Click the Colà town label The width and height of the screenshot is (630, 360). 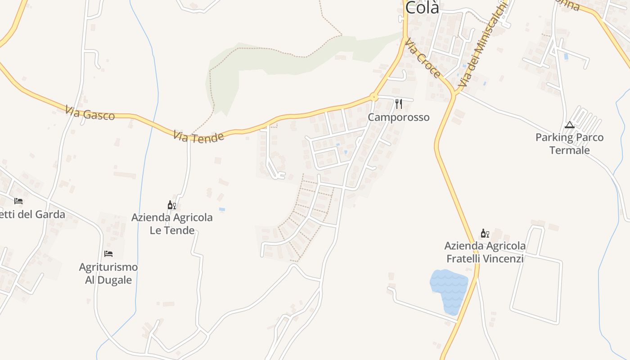pos(422,8)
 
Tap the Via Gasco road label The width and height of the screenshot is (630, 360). pos(90,112)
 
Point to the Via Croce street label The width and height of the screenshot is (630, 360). pos(423,58)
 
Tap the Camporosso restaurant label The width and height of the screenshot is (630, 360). pos(399,117)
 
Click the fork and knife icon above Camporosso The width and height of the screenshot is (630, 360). pos(399,104)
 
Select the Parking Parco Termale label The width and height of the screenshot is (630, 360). pos(569,144)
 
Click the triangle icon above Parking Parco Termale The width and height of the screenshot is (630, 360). pos(569,125)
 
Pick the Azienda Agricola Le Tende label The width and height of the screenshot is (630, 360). pos(172,224)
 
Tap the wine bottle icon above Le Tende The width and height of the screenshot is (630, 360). pos(171,206)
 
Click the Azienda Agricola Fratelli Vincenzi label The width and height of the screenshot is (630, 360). pos(485,252)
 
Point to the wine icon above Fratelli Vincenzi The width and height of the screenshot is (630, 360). pos(485,234)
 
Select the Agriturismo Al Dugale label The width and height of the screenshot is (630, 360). pos(108,273)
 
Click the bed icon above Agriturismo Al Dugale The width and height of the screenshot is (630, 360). pos(108,254)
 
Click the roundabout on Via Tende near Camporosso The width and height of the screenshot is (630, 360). pos(373,97)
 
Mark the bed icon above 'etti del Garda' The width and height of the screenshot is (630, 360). pos(18,201)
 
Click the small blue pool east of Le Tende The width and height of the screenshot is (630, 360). pos(222,210)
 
